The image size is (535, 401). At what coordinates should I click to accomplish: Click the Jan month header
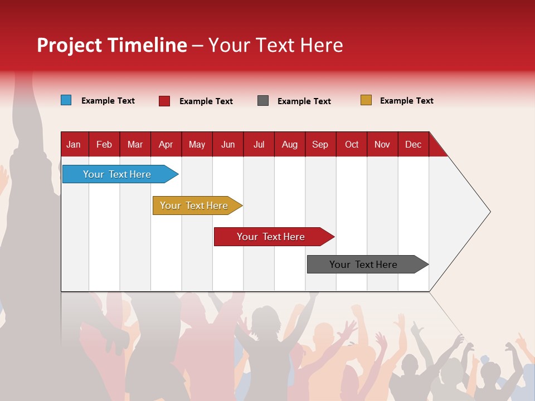(74, 144)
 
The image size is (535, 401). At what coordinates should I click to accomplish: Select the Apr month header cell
(166, 144)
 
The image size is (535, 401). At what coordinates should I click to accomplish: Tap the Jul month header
(259, 144)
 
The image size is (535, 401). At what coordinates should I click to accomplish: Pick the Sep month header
(320, 144)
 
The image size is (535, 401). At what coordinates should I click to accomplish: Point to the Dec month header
(413, 144)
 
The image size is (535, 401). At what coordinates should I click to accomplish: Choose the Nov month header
(382, 144)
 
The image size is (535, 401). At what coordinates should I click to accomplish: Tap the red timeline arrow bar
(271, 237)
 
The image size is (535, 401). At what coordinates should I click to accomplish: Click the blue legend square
(66, 100)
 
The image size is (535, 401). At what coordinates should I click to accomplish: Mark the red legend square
(164, 101)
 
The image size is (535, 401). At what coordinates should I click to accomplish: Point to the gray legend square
(263, 100)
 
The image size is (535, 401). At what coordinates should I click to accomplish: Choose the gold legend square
(366, 100)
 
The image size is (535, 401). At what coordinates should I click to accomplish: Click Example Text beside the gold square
(406, 101)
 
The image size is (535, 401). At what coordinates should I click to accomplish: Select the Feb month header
(104, 144)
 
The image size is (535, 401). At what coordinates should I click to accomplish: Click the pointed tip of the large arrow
(489, 212)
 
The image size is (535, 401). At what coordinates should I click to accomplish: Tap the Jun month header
(227, 144)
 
